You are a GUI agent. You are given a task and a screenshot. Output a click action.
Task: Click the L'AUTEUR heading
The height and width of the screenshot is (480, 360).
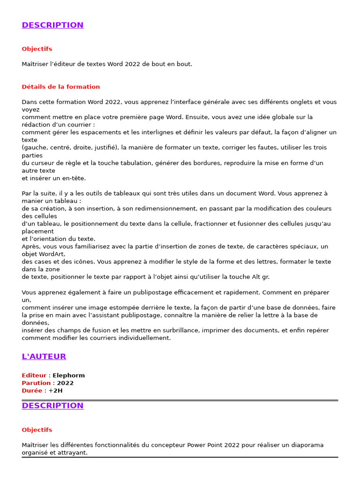44,357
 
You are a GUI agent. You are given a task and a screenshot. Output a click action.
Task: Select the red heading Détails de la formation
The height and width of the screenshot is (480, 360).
60,87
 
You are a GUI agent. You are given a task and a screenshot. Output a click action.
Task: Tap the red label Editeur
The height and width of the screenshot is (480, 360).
34,375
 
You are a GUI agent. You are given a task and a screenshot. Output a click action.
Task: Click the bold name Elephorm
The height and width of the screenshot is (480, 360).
68,375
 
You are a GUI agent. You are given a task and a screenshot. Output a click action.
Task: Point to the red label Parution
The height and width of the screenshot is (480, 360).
36,383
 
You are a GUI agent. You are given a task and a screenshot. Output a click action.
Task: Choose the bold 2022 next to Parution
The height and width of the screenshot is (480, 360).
65,383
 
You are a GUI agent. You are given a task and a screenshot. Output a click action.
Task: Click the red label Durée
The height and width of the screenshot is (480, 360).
32,390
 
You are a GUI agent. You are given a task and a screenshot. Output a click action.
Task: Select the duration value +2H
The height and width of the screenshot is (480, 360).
55,390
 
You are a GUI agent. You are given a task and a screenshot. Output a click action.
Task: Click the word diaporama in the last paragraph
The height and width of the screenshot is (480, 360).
307,445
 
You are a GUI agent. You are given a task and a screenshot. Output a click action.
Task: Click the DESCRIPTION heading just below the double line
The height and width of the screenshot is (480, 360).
52,406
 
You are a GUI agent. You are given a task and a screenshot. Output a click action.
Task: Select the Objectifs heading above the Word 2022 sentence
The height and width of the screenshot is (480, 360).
37,49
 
